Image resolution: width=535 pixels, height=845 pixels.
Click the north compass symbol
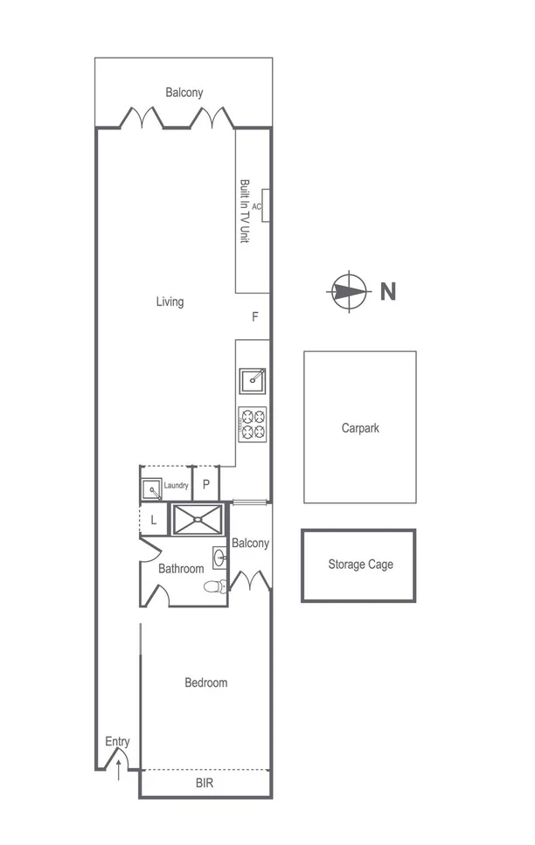coord(347,291)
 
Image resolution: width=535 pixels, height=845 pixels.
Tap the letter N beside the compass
coord(387,292)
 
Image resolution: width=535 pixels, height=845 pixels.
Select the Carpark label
coord(360,428)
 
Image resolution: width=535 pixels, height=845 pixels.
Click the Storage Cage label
coord(360,564)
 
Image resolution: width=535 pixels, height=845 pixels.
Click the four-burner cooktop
coord(253,423)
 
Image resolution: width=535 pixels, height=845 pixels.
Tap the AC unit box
coord(264,206)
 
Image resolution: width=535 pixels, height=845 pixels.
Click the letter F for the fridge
coord(255,317)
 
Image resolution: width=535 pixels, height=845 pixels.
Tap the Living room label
coord(170,302)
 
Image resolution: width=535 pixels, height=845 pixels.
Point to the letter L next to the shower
coord(153,520)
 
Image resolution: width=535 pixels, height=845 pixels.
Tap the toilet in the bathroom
coord(215,586)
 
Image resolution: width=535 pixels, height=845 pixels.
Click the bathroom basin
coord(219,557)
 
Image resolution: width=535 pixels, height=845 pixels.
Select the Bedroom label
coord(205,682)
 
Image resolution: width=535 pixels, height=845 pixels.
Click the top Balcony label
coord(184,92)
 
